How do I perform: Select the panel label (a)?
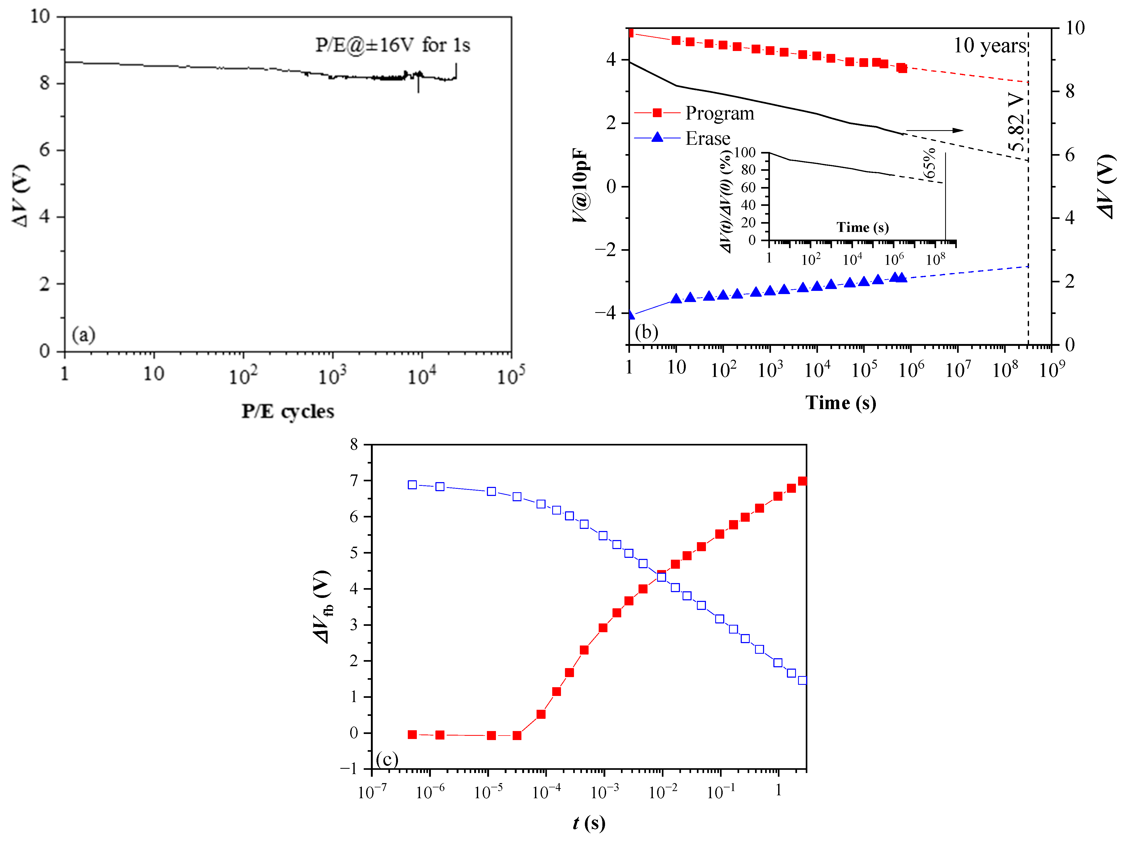click(83, 335)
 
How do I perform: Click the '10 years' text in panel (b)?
click(990, 46)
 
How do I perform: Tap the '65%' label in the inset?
click(929, 163)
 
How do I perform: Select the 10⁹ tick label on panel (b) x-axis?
click(1051, 369)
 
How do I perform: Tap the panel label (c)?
click(387, 759)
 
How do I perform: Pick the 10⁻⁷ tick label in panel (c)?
click(372, 792)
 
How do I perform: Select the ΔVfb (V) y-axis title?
click(323, 607)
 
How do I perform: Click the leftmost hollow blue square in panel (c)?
click(412, 485)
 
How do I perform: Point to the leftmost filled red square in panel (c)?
click(412, 734)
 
